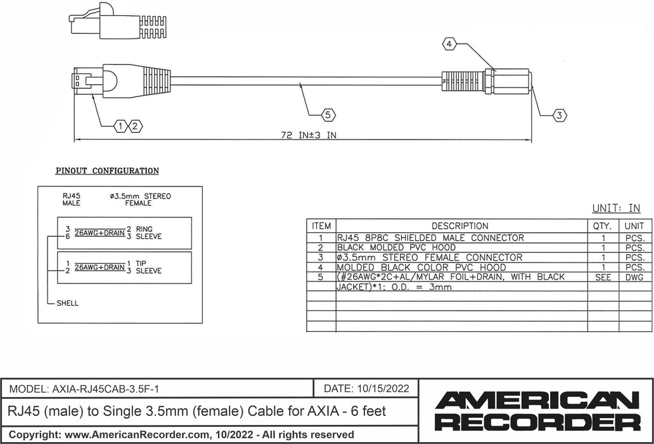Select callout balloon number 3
click(x=559, y=115)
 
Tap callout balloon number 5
click(x=328, y=115)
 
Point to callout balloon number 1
click(x=121, y=126)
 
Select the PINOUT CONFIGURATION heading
click(x=107, y=171)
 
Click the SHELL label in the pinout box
click(x=67, y=303)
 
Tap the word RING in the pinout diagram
click(x=145, y=228)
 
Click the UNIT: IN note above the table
click(x=616, y=208)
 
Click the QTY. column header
click(x=602, y=226)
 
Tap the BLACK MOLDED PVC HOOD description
click(x=396, y=247)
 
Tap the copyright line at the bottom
click(x=181, y=434)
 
